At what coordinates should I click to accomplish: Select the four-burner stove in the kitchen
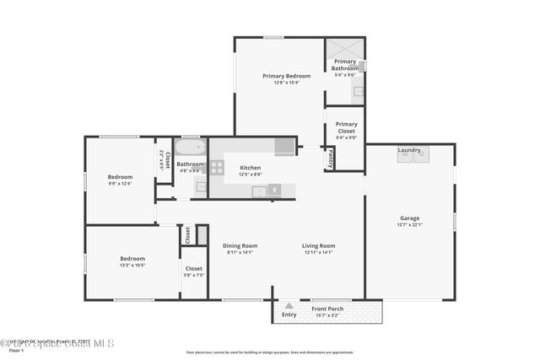coord(216,167)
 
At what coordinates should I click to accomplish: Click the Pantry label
coord(330,159)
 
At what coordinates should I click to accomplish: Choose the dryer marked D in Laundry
coord(421,155)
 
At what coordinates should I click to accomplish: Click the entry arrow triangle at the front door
coord(289,306)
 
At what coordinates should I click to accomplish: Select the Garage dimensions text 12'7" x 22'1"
coord(409,224)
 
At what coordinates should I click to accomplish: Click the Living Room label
coord(318,245)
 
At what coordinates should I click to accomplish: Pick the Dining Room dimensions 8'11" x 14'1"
coord(240,252)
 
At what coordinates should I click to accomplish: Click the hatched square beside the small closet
coord(202,234)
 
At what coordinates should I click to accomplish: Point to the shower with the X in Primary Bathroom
coord(345,47)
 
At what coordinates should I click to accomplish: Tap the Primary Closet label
coord(346,127)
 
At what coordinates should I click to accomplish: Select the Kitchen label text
coord(250,168)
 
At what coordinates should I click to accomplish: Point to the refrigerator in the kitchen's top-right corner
coord(285,147)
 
